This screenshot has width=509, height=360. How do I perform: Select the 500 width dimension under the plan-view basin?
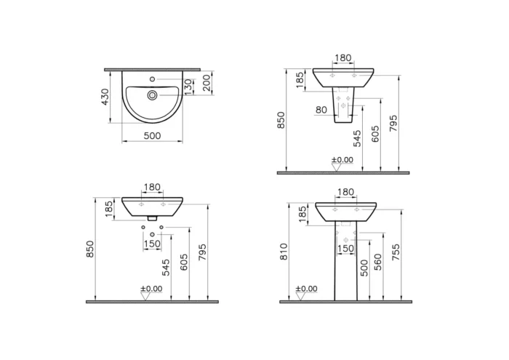[x=151, y=136]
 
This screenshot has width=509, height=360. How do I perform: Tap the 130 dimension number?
[x=188, y=87]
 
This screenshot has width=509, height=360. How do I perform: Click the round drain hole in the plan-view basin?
[x=151, y=95]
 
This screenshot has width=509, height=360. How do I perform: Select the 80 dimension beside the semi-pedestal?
[x=321, y=110]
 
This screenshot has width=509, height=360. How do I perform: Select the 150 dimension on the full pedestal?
[x=346, y=249]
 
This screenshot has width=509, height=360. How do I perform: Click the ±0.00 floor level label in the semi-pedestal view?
[x=342, y=159]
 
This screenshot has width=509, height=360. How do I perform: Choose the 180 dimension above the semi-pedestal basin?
[x=344, y=58]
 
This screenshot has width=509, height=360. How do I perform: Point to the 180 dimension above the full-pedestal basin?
[x=345, y=192]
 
